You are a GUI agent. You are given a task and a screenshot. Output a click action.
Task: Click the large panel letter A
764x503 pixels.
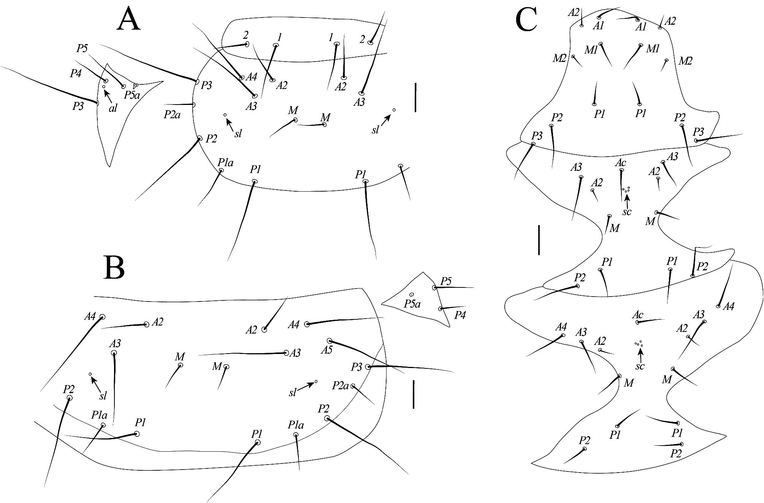point(128,20)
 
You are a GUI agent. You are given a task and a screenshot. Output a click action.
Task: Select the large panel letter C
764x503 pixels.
point(526,20)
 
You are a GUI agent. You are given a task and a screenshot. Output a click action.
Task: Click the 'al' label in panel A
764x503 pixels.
point(113,108)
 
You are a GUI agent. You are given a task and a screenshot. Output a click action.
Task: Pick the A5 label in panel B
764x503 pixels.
point(327,350)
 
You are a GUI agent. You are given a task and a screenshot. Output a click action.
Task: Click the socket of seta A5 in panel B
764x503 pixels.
point(330,341)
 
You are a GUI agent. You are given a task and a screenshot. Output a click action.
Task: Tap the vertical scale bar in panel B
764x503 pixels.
point(413,395)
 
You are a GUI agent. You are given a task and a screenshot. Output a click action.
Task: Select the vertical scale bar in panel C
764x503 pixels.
point(539,240)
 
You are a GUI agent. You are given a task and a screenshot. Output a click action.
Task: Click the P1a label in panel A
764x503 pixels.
point(225,163)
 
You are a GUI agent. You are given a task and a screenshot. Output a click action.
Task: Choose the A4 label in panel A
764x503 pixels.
point(251,77)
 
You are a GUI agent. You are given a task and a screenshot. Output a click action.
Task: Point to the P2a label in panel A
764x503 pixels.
point(172,114)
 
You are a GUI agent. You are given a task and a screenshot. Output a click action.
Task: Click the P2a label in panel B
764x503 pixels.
point(340,386)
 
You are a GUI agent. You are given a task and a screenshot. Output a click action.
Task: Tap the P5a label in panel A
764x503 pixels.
point(132,95)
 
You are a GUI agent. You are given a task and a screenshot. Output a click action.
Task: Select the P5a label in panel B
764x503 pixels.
point(412,304)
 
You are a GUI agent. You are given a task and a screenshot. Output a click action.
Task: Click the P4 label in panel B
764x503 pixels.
point(460,315)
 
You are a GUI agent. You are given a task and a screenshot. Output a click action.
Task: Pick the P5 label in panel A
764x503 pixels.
point(82,48)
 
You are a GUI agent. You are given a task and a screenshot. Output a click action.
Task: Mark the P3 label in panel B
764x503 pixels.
point(356,367)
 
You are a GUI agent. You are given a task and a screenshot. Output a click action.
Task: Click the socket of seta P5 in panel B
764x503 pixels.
point(434,287)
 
